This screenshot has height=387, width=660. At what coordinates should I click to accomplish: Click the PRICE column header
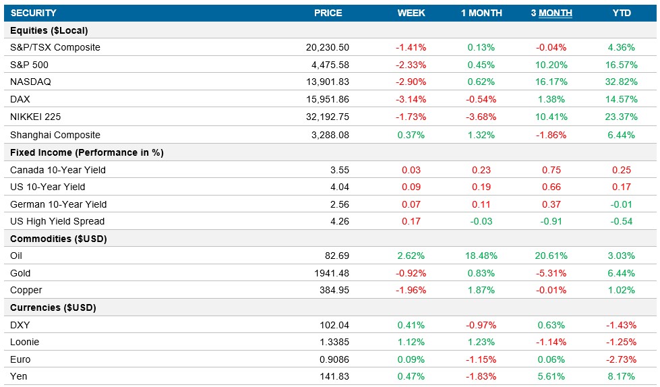point(328,13)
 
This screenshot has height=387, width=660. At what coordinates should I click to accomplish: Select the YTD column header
point(620,13)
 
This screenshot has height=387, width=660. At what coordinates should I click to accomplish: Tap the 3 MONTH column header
point(551,13)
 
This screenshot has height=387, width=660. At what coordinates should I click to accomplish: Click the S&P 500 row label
point(29,65)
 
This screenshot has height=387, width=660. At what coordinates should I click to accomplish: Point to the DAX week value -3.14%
point(411,99)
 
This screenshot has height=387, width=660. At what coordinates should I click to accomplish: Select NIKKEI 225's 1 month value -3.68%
point(481,117)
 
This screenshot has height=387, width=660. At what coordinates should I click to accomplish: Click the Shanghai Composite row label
point(55,135)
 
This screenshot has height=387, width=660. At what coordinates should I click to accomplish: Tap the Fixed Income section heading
point(87,152)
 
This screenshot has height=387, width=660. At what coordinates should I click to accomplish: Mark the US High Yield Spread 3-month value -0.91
point(551,221)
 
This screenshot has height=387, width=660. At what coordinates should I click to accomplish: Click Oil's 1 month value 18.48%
point(481,256)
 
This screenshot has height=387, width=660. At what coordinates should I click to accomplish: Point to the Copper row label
point(26,290)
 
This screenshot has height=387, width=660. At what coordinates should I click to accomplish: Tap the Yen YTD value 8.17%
point(620,376)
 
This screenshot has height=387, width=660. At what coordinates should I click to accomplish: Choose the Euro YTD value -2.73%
point(620,359)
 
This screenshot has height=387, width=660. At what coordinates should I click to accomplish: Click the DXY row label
point(20,325)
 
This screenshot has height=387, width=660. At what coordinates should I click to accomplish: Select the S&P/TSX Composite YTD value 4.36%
point(620,47)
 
